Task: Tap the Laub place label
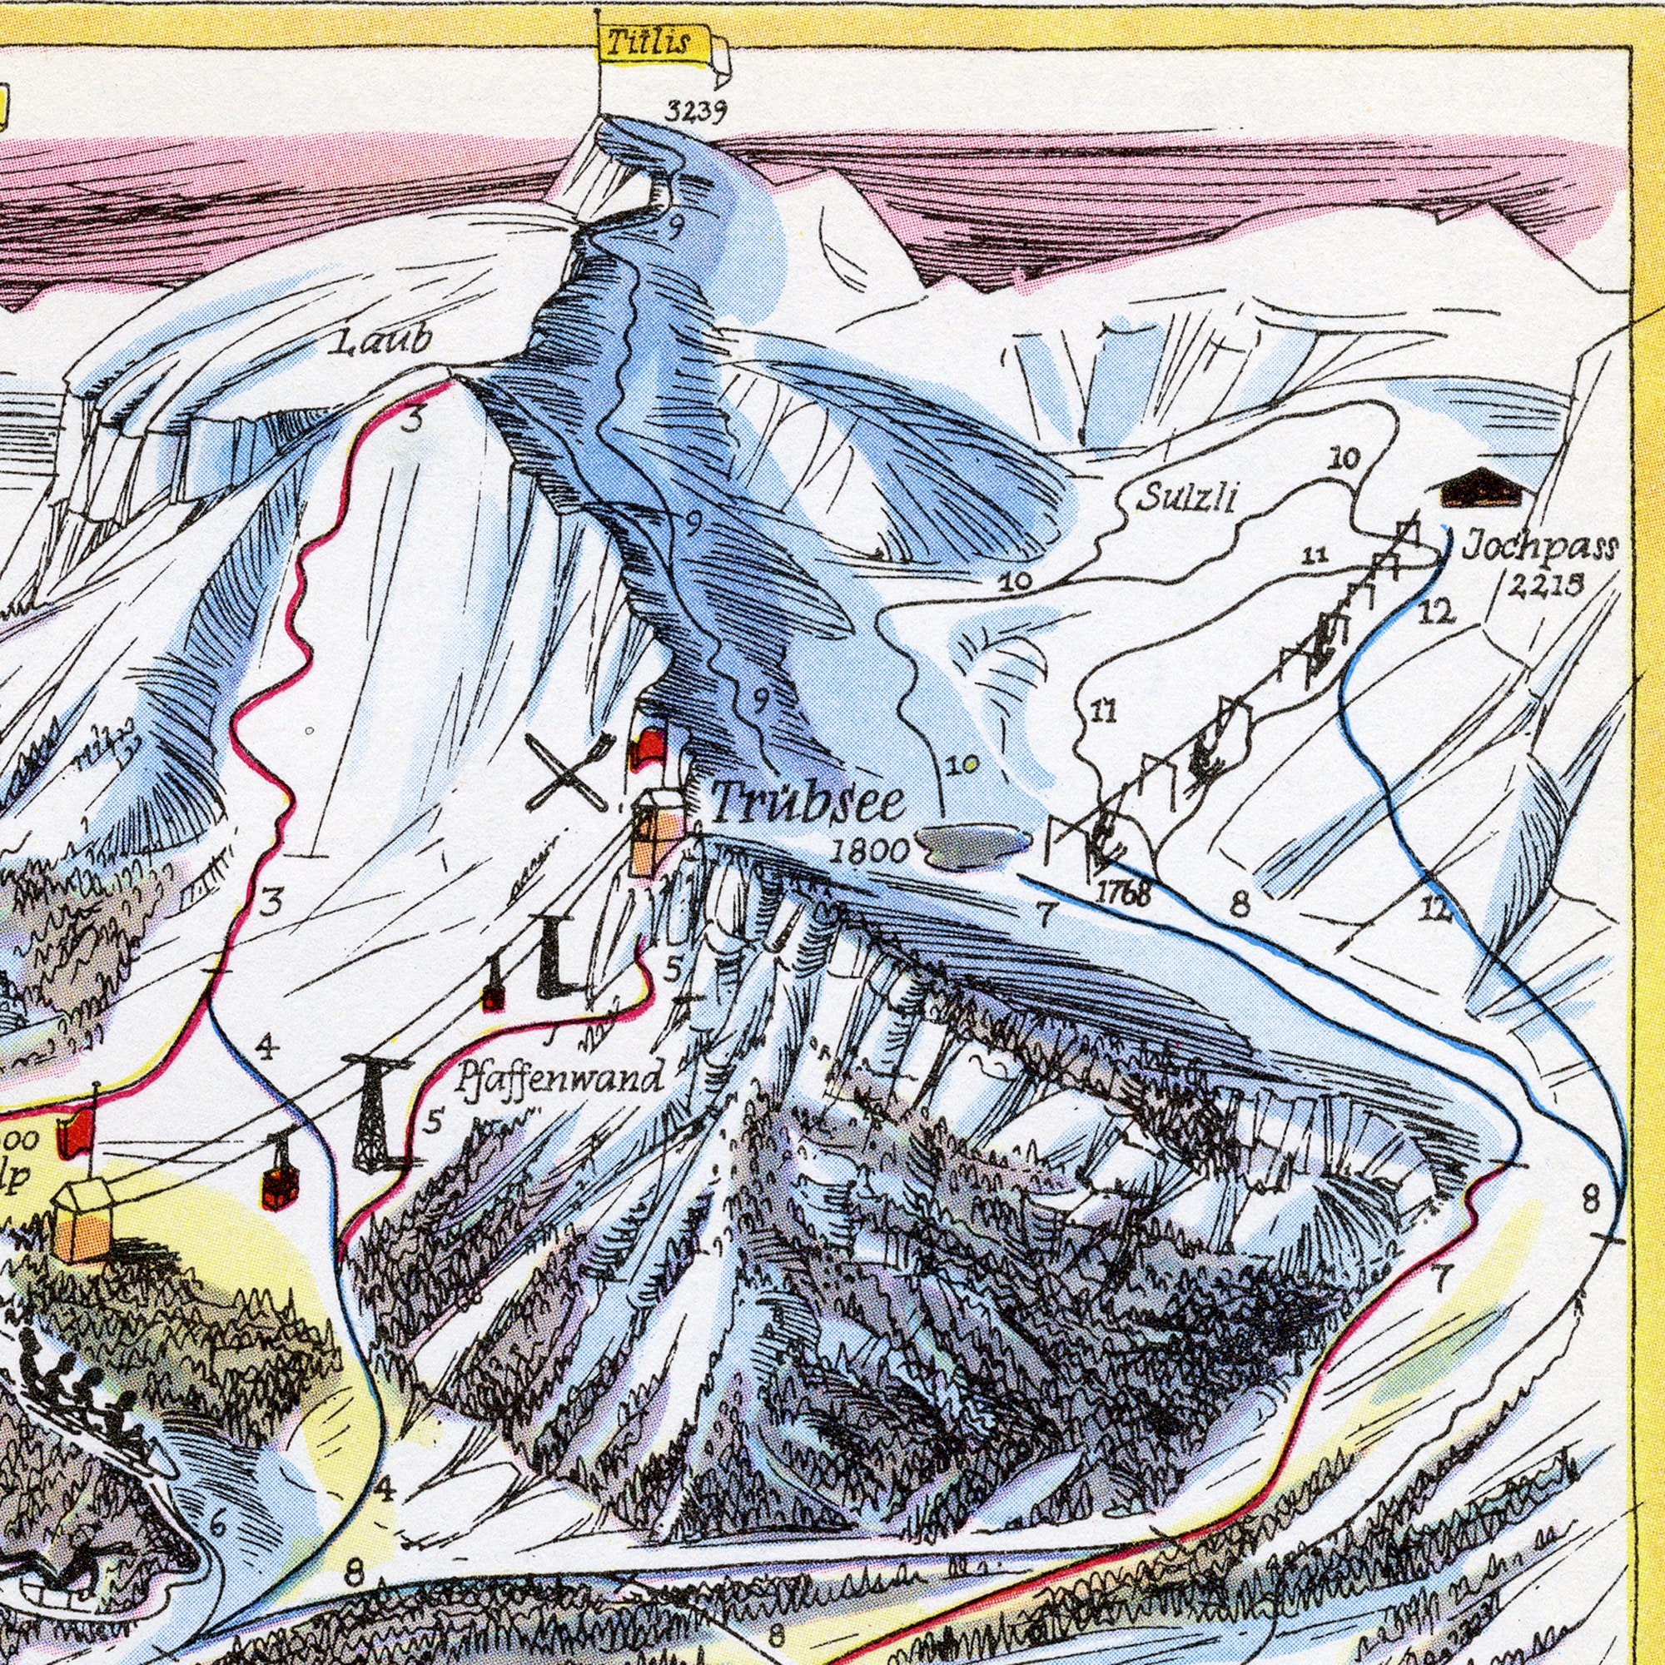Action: [x=380, y=342]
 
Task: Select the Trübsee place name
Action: [x=808, y=803]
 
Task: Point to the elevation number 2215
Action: [x=1545, y=586]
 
